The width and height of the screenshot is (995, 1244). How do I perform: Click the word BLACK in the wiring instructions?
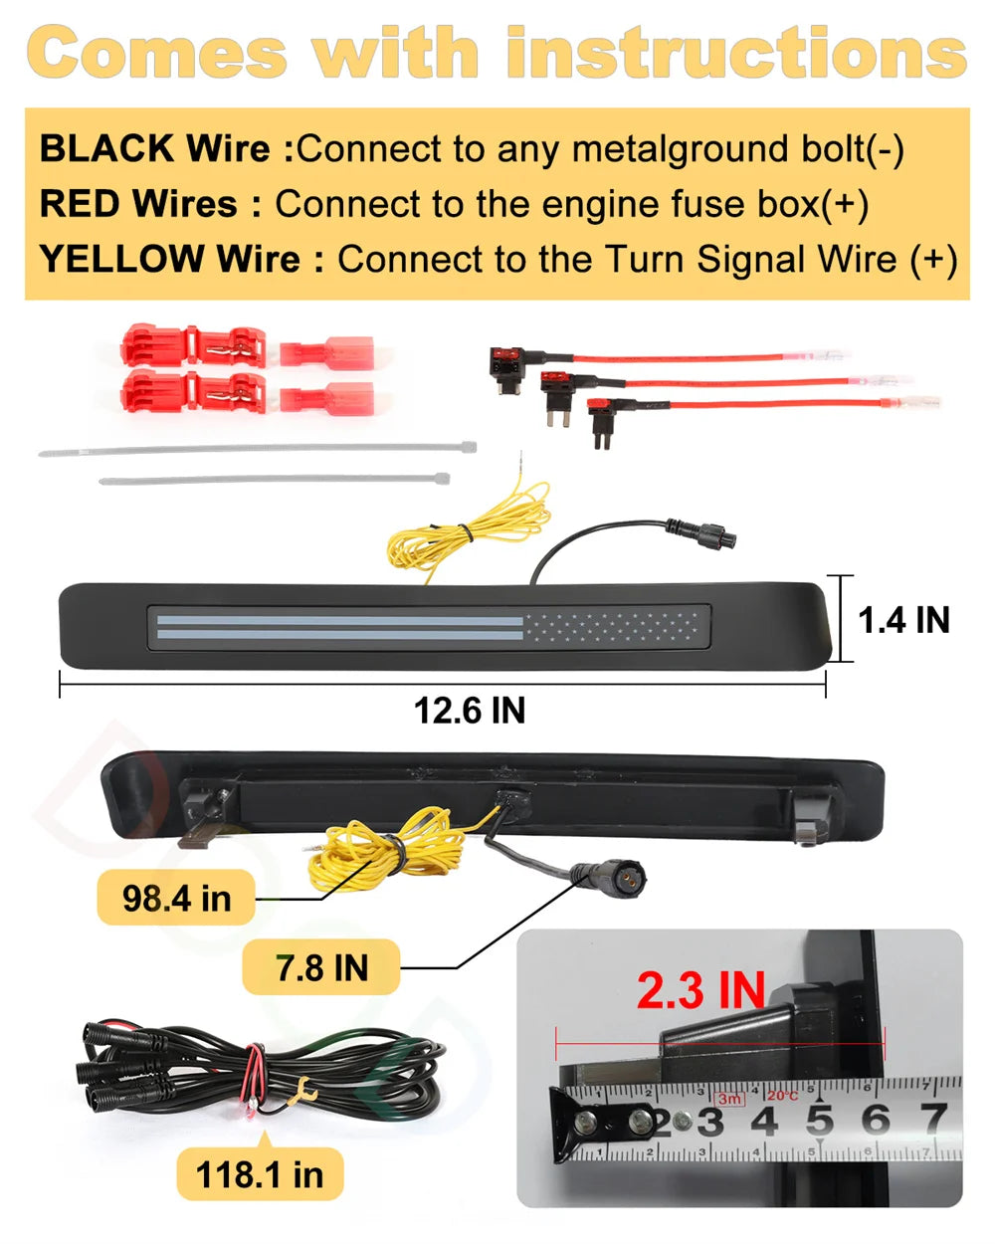(x=106, y=148)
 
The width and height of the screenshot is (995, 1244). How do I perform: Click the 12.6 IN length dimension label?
(x=469, y=711)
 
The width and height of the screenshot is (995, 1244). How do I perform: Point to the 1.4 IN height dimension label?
(x=903, y=620)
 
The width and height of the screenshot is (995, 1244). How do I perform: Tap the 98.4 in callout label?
(x=176, y=899)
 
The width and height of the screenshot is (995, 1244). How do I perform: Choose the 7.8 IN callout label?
(x=321, y=968)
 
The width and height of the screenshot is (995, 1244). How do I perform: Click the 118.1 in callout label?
(x=260, y=1174)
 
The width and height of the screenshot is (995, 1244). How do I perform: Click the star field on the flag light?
(x=612, y=627)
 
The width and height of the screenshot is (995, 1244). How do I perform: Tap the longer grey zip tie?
(x=258, y=449)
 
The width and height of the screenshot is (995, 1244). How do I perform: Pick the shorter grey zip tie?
(x=275, y=480)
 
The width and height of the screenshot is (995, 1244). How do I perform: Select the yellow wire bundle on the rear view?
(x=386, y=849)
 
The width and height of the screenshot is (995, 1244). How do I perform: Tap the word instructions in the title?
(x=736, y=52)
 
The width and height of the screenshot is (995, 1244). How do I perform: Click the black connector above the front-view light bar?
(x=700, y=533)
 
